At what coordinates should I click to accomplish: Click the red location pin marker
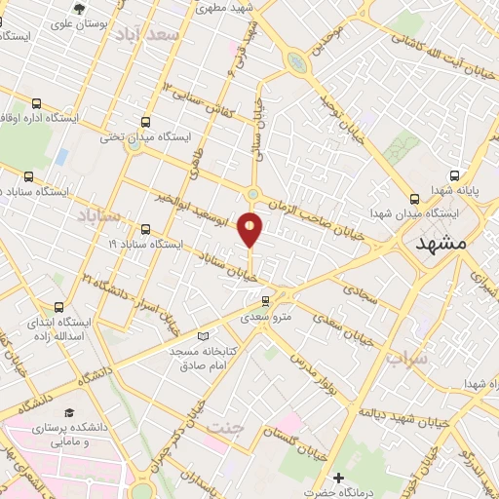(250, 227)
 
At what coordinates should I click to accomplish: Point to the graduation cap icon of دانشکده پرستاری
(69, 413)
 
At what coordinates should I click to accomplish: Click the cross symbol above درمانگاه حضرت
(338, 479)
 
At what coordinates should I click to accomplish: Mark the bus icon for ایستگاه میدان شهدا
(416, 196)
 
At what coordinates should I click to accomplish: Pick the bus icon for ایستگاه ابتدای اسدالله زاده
(61, 307)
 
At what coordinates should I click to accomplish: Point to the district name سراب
(405, 359)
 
